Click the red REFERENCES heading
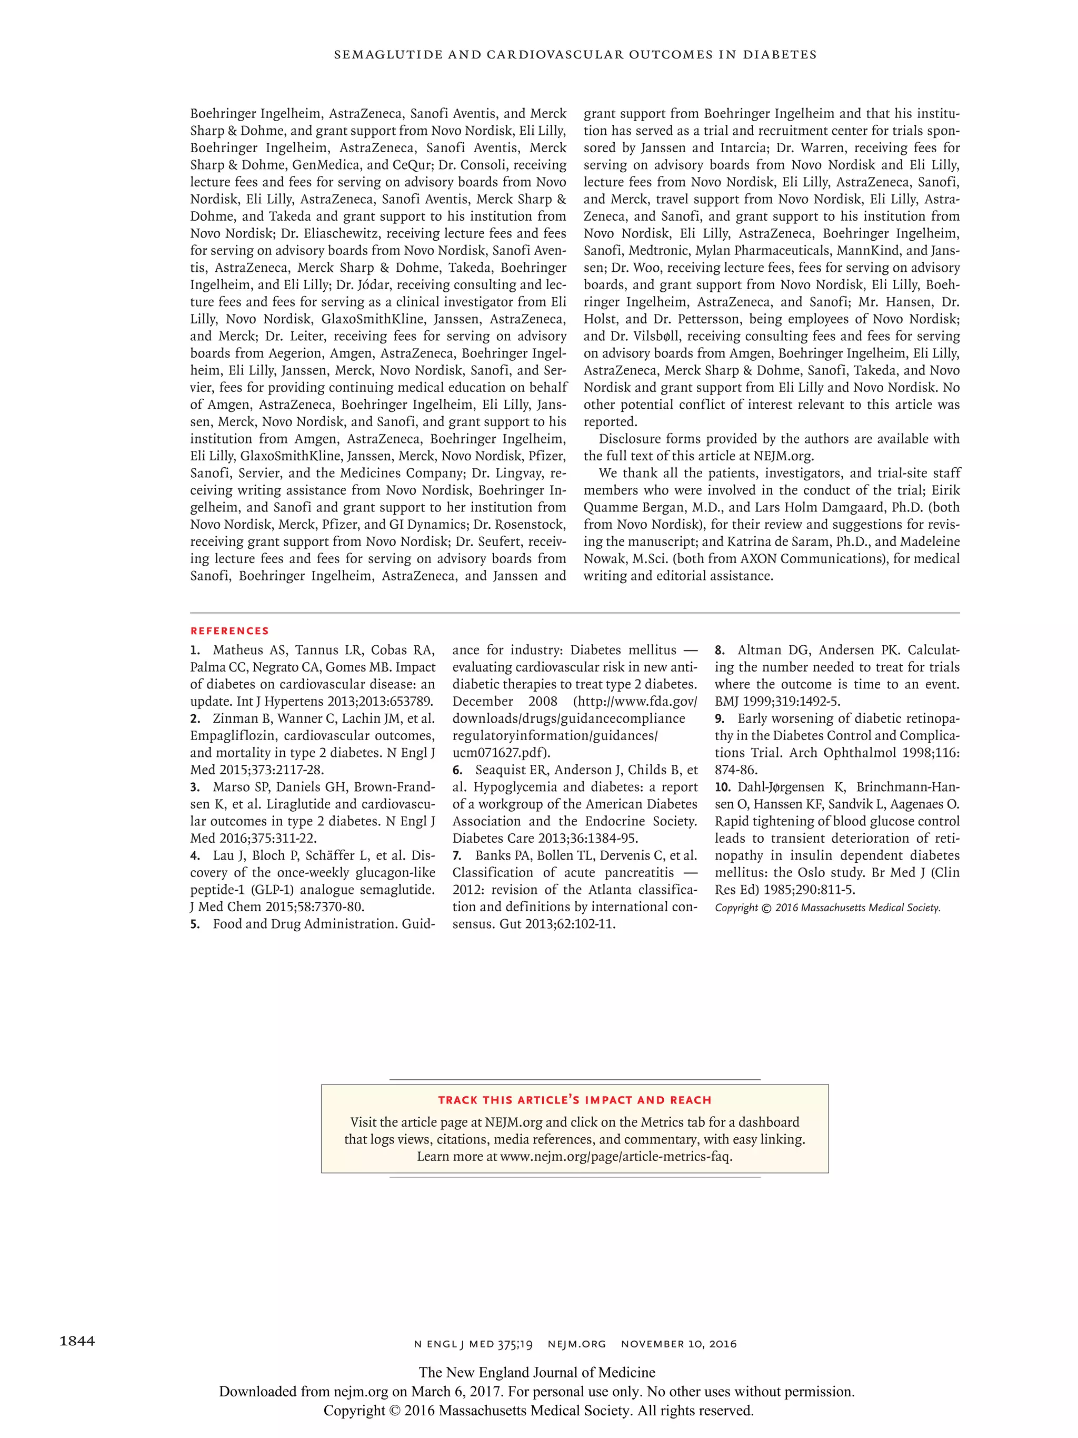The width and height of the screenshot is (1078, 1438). coord(229,631)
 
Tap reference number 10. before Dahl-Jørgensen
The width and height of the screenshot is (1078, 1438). coord(723,787)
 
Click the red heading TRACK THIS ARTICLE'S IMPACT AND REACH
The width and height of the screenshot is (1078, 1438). coord(574,1100)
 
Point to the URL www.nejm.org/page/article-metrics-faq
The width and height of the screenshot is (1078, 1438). coord(616,1157)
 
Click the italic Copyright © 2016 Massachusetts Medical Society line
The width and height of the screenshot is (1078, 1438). coord(827,908)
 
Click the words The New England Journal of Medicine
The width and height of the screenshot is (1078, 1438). coord(537,1372)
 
